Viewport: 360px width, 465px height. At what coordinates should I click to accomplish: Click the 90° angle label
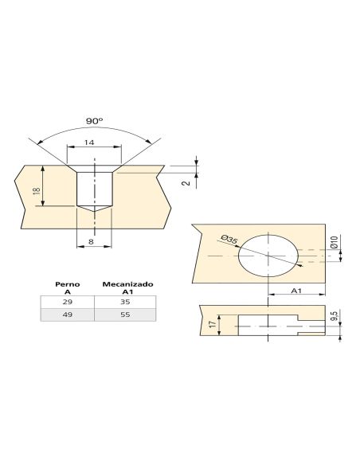pyautogui.click(x=94, y=121)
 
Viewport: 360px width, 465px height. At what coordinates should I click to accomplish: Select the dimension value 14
pyautogui.click(x=89, y=143)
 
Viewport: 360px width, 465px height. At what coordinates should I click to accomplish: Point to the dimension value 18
pyautogui.click(x=37, y=190)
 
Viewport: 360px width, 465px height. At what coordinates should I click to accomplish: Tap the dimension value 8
pyautogui.click(x=91, y=242)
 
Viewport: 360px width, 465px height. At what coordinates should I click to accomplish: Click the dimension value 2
pyautogui.click(x=186, y=183)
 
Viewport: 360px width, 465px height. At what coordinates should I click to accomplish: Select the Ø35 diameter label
pyautogui.click(x=229, y=240)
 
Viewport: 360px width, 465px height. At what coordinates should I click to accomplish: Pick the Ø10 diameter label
pyautogui.click(x=334, y=242)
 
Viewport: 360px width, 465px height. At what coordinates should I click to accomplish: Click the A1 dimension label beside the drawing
pyautogui.click(x=296, y=291)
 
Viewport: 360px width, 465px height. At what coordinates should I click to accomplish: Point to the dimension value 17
pyautogui.click(x=213, y=324)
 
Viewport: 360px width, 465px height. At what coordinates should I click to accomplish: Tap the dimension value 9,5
pyautogui.click(x=335, y=315)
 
